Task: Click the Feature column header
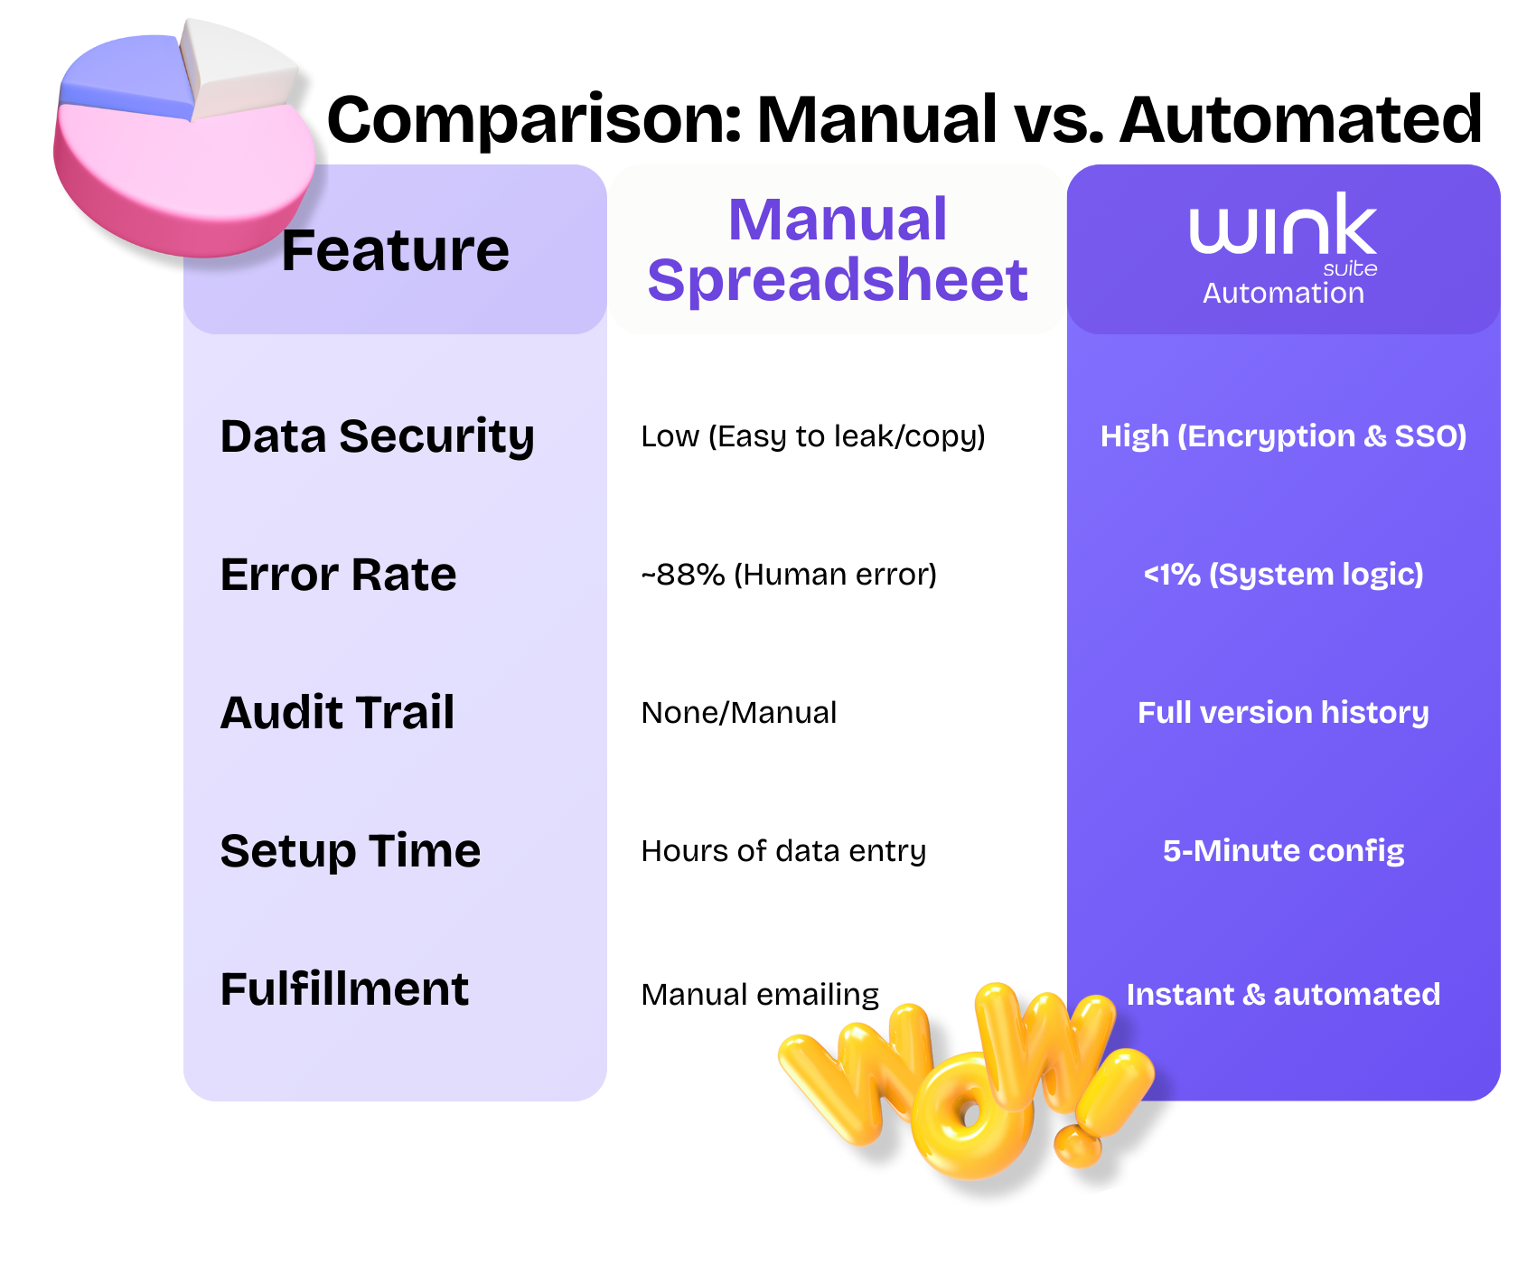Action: [395, 250]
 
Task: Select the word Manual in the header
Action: [838, 220]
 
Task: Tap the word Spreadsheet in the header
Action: [838, 279]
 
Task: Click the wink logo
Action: [1282, 227]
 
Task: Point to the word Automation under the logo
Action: [1283, 293]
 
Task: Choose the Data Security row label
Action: [377, 436]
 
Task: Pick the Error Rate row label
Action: [338, 575]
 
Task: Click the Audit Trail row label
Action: [337, 713]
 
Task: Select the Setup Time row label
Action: [350, 851]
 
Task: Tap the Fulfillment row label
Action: [344, 989]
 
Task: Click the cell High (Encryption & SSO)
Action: [1283, 436]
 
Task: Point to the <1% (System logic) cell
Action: [1283, 575]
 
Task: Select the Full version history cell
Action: [1283, 713]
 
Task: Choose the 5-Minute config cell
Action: [1283, 851]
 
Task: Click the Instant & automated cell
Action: [1283, 995]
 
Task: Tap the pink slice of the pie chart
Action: [181, 172]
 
